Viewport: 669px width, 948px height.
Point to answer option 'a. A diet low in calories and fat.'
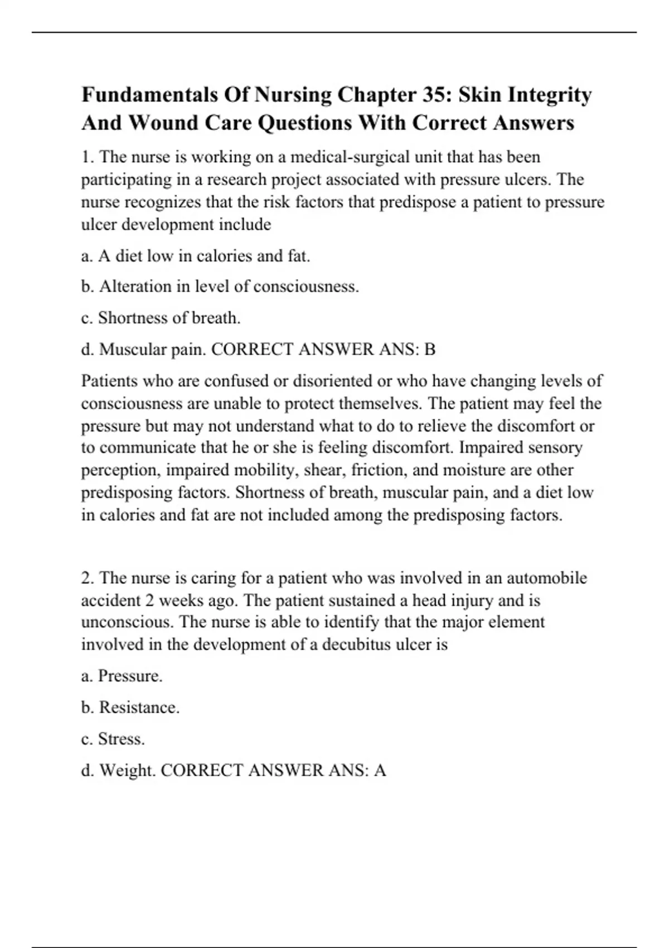pyautogui.click(x=195, y=256)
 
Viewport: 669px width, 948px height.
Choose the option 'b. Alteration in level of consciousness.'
pyautogui.click(x=220, y=287)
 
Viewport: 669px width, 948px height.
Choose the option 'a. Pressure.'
pyautogui.click(x=122, y=676)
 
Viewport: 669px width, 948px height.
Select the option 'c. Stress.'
pyautogui.click(x=113, y=739)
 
